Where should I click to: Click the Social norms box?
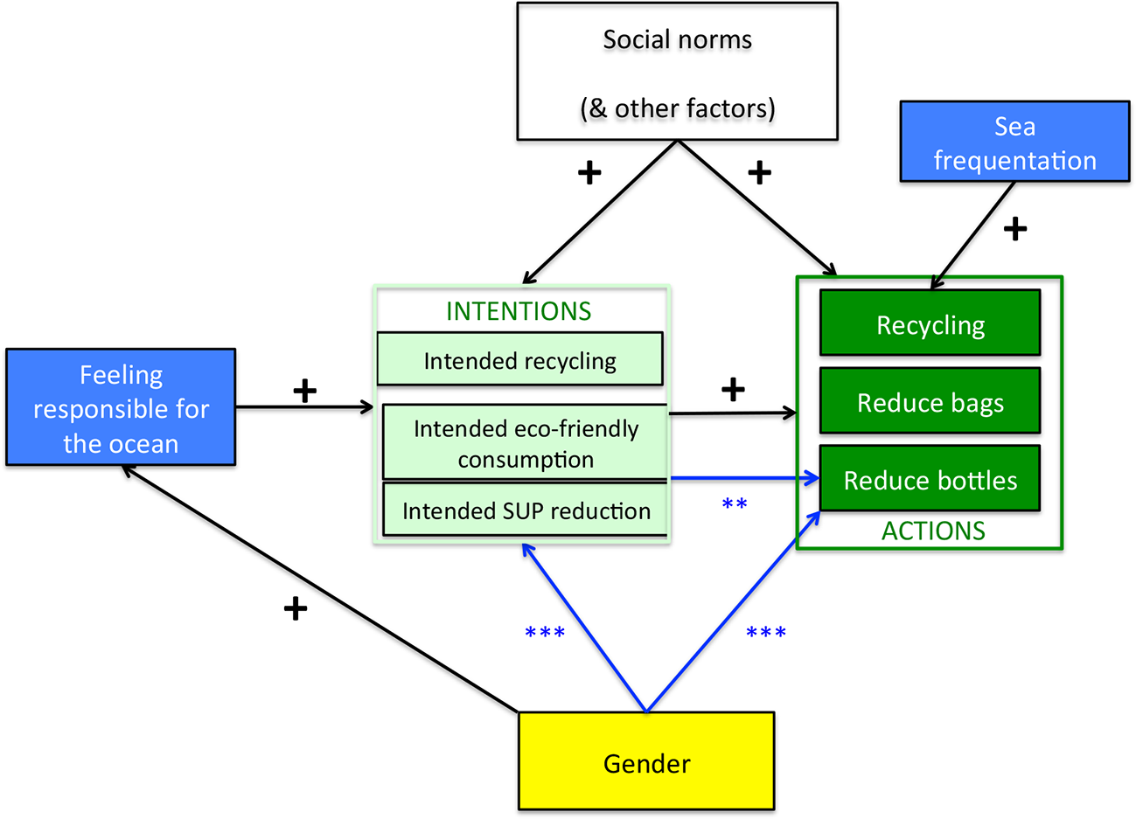point(677,72)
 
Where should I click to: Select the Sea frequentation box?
point(1014,142)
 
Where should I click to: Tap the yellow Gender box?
point(646,761)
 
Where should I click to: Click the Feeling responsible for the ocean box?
point(121,408)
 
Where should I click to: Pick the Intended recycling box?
point(519,359)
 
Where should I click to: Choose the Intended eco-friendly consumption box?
point(525,442)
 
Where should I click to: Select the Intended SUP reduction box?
point(525,510)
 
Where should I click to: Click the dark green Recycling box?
point(930,324)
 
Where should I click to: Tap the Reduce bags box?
point(930,402)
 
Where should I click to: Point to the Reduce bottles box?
point(930,480)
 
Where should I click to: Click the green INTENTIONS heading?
point(519,311)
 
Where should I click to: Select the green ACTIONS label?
point(933,531)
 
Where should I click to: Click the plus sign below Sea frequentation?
point(1014,230)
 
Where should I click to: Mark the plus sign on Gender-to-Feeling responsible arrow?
point(296,609)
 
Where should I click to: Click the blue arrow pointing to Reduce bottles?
point(743,478)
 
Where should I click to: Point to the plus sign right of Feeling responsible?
point(304,392)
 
